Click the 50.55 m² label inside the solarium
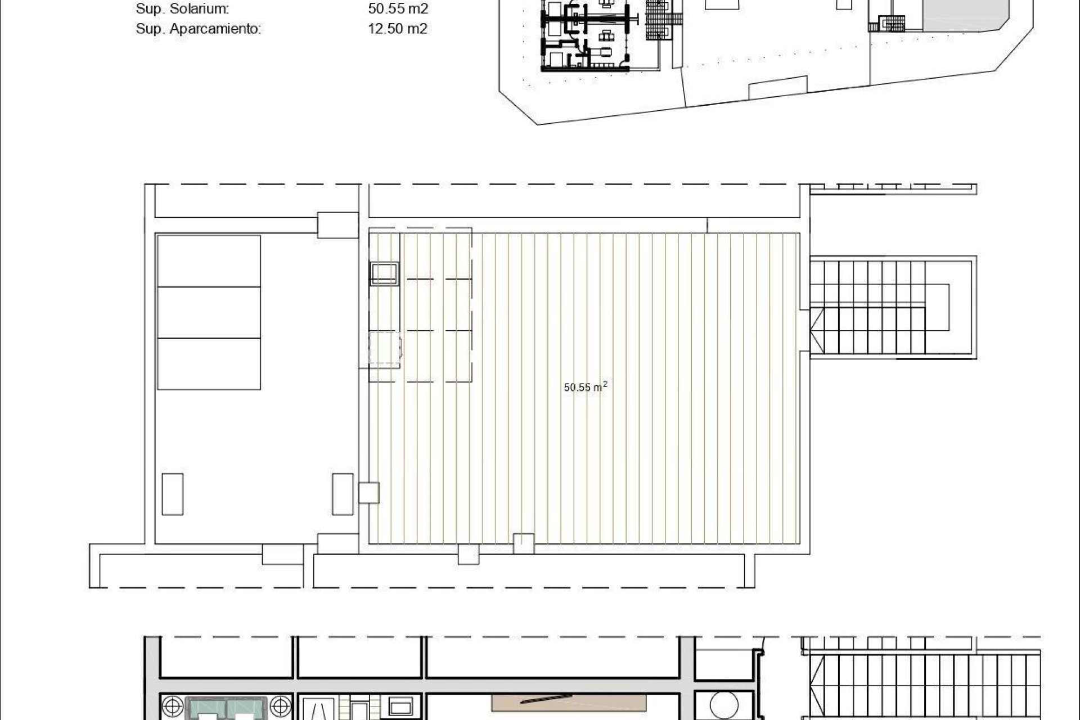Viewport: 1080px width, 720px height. point(585,387)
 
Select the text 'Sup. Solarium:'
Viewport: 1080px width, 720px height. point(182,9)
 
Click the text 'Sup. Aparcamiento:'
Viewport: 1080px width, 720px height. point(198,29)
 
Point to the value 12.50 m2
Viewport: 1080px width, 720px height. point(397,29)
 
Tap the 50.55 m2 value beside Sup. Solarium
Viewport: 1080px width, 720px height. point(398,9)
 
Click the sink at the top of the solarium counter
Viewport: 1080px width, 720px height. point(384,273)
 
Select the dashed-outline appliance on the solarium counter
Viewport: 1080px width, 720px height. point(385,349)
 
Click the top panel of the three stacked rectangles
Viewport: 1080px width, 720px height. point(209,261)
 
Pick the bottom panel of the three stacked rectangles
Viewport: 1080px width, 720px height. point(209,363)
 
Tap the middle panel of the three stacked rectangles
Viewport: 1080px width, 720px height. point(209,312)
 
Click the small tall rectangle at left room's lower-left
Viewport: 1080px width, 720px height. point(172,494)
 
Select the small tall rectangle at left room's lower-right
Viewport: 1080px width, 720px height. point(343,494)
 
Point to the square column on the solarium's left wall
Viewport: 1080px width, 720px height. point(369,493)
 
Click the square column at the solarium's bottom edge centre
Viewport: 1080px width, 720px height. point(524,543)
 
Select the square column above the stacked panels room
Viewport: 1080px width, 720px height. point(337,225)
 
